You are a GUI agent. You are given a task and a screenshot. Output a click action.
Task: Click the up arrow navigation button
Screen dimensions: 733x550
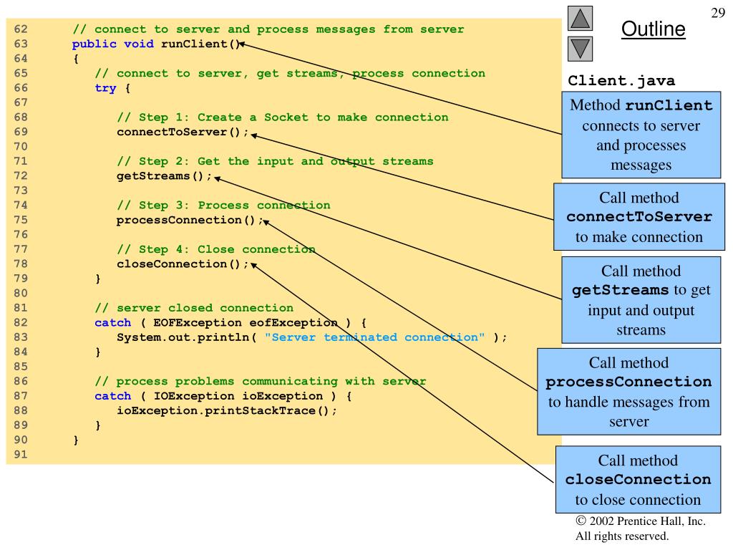click(580, 18)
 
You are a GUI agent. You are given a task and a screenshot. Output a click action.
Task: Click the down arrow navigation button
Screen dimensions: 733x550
click(580, 49)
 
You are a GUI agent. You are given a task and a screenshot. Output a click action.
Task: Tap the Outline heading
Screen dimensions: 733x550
click(653, 29)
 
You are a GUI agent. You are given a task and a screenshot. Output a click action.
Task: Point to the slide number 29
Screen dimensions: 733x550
click(717, 13)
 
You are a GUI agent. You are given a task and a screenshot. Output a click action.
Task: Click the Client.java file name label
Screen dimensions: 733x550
click(621, 80)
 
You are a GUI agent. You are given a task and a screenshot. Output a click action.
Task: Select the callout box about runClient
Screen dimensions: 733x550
click(641, 135)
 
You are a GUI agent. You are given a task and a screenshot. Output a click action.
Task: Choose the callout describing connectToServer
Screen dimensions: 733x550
click(639, 217)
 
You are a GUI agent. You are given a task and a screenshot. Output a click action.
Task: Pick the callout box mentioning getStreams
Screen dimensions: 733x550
click(641, 300)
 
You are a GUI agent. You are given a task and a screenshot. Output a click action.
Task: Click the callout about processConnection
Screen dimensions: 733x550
click(628, 392)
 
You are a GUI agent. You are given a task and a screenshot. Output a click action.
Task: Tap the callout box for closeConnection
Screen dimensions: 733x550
click(638, 479)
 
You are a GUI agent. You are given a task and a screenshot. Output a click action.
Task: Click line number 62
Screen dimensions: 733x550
click(21, 29)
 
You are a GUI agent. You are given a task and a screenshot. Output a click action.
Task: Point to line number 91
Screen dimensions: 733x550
click(21, 454)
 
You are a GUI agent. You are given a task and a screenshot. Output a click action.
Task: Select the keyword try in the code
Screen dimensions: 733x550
click(105, 88)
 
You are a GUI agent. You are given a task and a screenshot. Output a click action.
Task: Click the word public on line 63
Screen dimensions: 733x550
click(94, 44)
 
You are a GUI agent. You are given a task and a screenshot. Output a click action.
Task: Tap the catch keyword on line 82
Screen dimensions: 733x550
click(112, 323)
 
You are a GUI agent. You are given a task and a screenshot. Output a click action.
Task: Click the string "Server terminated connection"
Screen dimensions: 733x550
click(374, 337)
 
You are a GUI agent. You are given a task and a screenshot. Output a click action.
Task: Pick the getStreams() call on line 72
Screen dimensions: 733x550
click(164, 176)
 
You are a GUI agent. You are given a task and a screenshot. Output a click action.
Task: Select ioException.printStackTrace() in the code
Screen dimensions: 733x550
click(226, 410)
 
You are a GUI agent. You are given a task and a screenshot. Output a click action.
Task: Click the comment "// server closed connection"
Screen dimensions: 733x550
click(194, 308)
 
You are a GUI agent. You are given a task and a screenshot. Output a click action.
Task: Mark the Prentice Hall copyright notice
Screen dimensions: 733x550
click(641, 529)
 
